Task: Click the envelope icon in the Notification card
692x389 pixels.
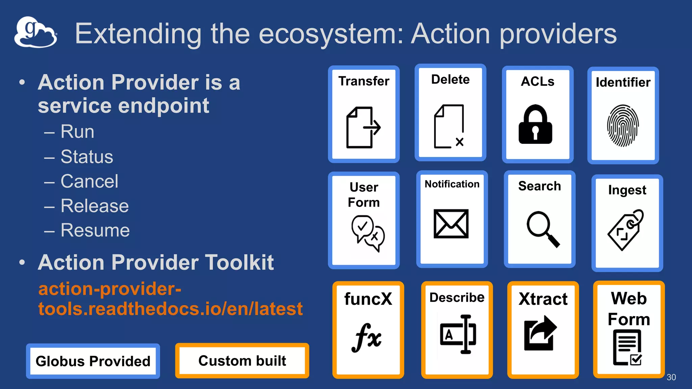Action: pyautogui.click(x=451, y=224)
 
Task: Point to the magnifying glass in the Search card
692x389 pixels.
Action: pyautogui.click(x=542, y=228)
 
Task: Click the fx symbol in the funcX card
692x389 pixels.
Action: pyautogui.click(x=367, y=338)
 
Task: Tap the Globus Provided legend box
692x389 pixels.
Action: pyautogui.click(x=93, y=361)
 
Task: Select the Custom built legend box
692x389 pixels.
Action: pyautogui.click(x=242, y=361)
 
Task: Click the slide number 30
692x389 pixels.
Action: pyautogui.click(x=671, y=377)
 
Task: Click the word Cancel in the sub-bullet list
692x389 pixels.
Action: pyautogui.click(x=90, y=181)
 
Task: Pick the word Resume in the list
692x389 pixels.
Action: pyautogui.click(x=95, y=230)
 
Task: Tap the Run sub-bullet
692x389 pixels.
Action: pyautogui.click(x=77, y=131)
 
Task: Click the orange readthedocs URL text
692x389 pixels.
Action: pyautogui.click(x=170, y=299)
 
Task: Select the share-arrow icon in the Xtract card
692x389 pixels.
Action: pyautogui.click(x=540, y=333)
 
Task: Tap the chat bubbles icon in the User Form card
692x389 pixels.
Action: pyautogui.click(x=368, y=233)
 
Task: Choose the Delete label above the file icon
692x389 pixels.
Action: pyautogui.click(x=450, y=79)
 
